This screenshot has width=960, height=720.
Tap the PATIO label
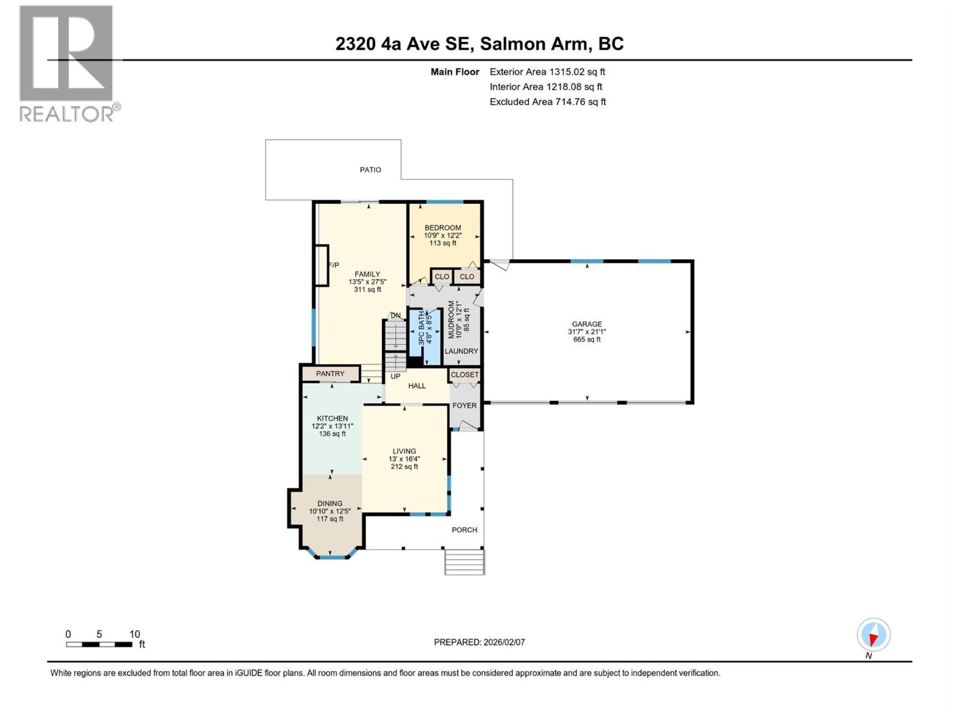[x=370, y=170]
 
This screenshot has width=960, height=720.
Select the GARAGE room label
[x=586, y=324]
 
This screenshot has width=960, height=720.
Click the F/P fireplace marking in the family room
[x=333, y=265]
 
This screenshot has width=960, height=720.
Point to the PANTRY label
[x=330, y=374]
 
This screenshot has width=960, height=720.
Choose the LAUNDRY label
[x=461, y=352]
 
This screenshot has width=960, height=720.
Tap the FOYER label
[x=464, y=406]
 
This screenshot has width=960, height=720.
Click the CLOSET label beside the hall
[x=464, y=374]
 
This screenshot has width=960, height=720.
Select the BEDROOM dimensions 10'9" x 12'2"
[x=443, y=236]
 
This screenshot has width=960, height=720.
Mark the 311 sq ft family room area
[x=367, y=290]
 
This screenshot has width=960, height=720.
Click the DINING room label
[x=330, y=503]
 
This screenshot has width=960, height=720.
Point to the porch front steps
[x=464, y=562]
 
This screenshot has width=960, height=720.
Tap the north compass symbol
[x=873, y=635]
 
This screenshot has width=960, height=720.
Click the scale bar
[x=99, y=644]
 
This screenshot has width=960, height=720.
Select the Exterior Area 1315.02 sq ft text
[x=547, y=72]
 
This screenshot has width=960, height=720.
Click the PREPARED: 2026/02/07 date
[x=479, y=642]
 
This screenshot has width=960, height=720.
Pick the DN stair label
[x=395, y=316]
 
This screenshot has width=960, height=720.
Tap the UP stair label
[x=395, y=377]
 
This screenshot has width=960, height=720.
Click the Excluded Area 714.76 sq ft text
[x=547, y=102]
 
